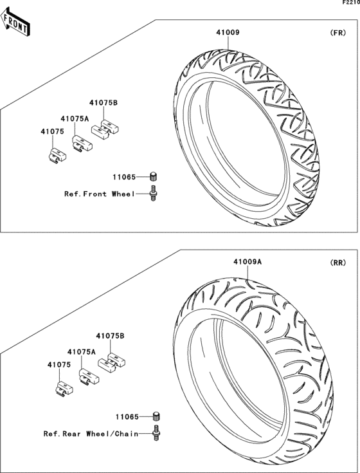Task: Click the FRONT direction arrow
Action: pyautogui.click(x=15, y=22)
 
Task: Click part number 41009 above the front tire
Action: pyautogui.click(x=228, y=32)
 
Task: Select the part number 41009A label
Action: pyautogui.click(x=248, y=262)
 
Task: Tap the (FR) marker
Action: pyautogui.click(x=338, y=33)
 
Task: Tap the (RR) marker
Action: pyautogui.click(x=338, y=263)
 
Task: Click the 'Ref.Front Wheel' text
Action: pyautogui.click(x=100, y=194)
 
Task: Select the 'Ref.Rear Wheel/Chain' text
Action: pyautogui.click(x=91, y=434)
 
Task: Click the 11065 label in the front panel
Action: pyautogui.click(x=125, y=177)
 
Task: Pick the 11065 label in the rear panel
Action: pyautogui.click(x=127, y=417)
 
